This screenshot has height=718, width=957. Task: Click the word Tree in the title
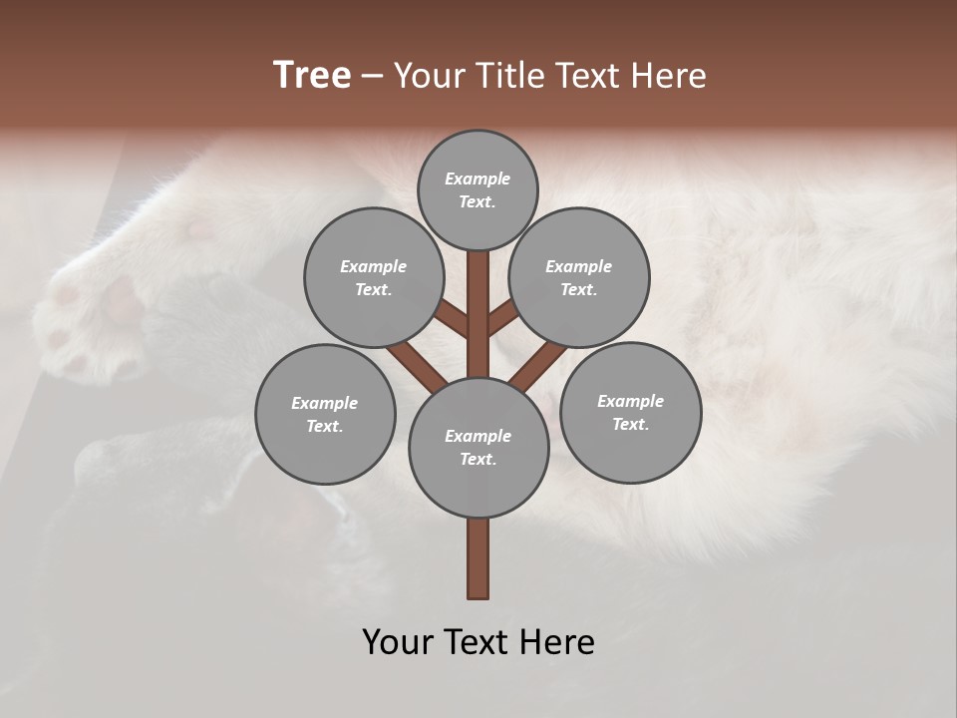[312, 76]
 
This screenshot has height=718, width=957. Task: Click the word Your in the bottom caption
[398, 642]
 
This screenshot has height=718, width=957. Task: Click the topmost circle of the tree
[478, 189]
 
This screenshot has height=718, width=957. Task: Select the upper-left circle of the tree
[373, 277]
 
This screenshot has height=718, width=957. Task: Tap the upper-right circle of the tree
[578, 277]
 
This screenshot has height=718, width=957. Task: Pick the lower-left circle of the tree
[325, 414]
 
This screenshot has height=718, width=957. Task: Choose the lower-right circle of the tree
[630, 412]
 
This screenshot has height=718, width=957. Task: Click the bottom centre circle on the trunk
[478, 447]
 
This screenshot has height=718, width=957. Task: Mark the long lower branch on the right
[533, 366]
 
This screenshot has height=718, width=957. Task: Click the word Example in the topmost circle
[478, 179]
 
